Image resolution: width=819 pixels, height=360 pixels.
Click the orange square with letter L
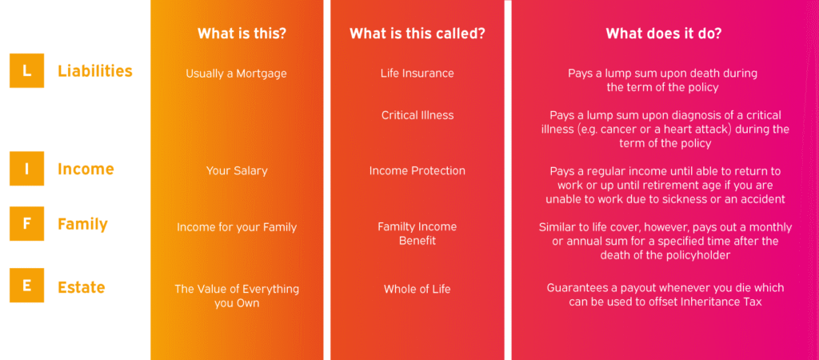pos(26,70)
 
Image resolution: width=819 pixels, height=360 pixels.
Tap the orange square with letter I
pos(26,169)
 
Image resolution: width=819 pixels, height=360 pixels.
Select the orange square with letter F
pos(26,224)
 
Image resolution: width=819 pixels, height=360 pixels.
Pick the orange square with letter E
pos(26,286)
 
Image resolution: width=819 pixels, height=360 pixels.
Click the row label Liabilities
pos(95,71)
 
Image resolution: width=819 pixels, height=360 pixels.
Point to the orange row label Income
pos(86,170)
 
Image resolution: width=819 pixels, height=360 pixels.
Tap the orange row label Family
pos(82,224)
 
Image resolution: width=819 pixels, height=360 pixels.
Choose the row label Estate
pos(82,287)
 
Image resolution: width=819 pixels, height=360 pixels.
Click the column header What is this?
pos(242,34)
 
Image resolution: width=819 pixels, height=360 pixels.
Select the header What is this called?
pos(417,34)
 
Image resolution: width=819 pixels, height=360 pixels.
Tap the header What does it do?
pos(664,34)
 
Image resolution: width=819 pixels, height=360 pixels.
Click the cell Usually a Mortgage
pos(236,74)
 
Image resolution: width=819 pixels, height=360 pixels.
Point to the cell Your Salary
pos(237,171)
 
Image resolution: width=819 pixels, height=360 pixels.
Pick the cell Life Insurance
pos(417,73)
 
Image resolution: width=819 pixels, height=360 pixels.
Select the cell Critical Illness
pos(417,115)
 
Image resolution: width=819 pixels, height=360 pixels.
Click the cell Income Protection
pos(417,171)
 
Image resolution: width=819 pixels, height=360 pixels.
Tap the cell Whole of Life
pos(417,289)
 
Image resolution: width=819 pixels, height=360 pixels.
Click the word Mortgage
pos(262,74)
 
